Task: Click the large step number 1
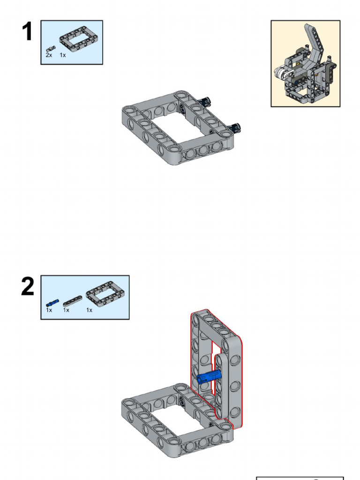tap(27, 31)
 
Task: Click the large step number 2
tap(28, 286)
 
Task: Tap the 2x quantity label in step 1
tap(49, 55)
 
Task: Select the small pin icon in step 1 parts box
tap(51, 49)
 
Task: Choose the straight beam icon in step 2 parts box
tap(73, 301)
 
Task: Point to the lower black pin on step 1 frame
tap(235, 127)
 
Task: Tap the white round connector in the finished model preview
tap(283, 73)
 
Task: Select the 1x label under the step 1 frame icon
tap(63, 55)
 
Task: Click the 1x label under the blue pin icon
tap(49, 310)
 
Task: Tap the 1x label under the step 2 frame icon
tap(89, 310)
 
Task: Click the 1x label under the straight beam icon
tap(66, 310)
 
